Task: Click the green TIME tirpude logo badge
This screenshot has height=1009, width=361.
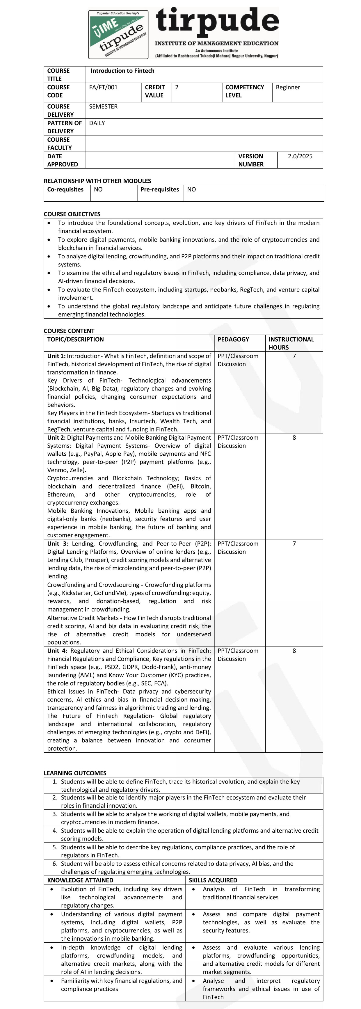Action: click(x=118, y=34)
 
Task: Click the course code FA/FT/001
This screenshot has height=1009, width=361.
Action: click(x=103, y=87)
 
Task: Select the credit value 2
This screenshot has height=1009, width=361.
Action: click(x=177, y=87)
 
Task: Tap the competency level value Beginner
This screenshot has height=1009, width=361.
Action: click(x=288, y=87)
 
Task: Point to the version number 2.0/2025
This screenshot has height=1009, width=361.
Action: click(x=300, y=156)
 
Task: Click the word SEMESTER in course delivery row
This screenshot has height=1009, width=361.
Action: click(x=103, y=106)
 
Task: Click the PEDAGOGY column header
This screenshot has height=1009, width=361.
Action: click(x=233, y=339)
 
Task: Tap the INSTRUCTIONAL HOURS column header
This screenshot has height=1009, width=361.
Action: click(x=291, y=343)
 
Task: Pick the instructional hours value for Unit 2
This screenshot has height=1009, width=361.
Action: click(x=294, y=438)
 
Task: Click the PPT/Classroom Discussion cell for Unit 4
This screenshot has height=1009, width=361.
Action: click(x=238, y=655)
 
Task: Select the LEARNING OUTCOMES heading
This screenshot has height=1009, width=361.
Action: click(x=75, y=773)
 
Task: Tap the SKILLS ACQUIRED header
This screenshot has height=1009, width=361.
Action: click(x=213, y=880)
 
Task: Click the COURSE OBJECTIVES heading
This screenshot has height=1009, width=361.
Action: click(x=72, y=214)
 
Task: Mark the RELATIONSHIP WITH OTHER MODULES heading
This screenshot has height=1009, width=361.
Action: click(x=97, y=181)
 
